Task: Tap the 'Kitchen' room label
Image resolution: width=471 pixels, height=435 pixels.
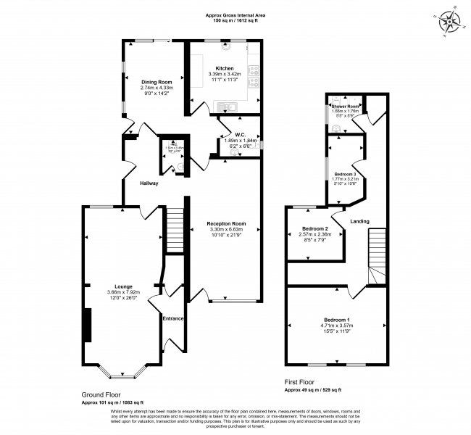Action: point(224,68)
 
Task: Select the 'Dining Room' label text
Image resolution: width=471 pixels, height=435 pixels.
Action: point(156,82)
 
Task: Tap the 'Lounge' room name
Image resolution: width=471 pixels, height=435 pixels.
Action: point(122,286)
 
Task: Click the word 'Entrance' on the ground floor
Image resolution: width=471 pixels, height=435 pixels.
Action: point(173,318)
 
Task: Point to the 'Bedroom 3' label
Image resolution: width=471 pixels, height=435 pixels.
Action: point(344,175)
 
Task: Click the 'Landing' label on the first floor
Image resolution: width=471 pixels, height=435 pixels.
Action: point(360,221)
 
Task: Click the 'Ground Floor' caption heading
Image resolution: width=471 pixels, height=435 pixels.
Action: point(101,395)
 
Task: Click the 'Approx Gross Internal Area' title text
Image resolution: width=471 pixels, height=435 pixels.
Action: point(235,15)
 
